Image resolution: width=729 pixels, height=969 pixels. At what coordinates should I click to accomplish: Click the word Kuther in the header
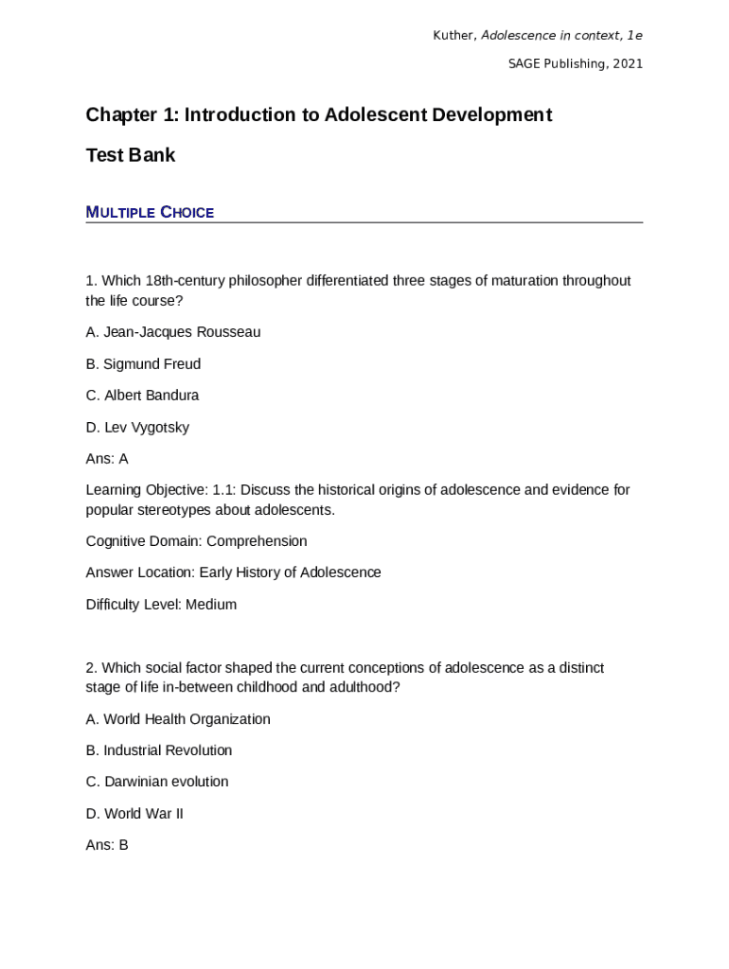tap(454, 36)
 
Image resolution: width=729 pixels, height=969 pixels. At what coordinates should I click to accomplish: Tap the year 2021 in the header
tap(628, 64)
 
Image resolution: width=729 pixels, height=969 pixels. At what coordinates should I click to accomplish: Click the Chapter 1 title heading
tap(318, 115)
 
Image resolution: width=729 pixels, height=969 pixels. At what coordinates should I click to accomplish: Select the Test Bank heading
tap(131, 155)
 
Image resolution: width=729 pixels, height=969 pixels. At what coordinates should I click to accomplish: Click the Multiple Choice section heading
tap(150, 212)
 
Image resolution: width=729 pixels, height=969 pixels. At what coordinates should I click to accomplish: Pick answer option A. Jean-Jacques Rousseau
tap(172, 332)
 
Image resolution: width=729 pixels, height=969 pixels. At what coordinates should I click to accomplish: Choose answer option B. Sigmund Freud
tap(143, 364)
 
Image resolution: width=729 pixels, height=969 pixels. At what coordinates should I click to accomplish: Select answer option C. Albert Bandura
tap(142, 396)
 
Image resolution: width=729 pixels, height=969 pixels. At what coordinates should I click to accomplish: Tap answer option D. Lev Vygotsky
tap(137, 428)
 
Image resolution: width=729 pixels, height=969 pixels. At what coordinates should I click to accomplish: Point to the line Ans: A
tap(107, 459)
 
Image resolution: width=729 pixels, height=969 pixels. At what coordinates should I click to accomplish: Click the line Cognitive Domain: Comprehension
tap(196, 541)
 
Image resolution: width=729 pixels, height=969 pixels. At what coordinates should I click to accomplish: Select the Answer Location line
tap(233, 573)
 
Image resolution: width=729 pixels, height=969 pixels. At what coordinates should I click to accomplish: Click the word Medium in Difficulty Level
tap(211, 605)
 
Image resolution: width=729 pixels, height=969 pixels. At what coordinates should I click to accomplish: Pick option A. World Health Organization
tap(178, 719)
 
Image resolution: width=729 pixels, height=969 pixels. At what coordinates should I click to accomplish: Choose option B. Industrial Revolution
tap(158, 750)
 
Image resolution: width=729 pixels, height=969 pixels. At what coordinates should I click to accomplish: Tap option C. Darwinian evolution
tap(156, 782)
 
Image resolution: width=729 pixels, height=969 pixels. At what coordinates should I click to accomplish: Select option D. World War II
tap(134, 814)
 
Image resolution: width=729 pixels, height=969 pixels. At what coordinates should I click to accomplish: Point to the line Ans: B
tap(107, 845)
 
